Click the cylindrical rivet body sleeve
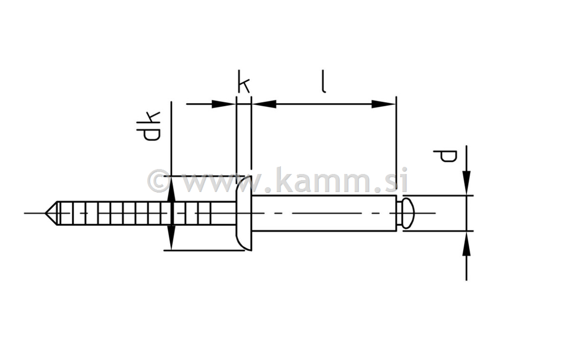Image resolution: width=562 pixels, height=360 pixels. pos(324,213)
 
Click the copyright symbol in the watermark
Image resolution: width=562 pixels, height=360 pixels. pos(159,181)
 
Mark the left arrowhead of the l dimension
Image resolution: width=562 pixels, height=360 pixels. pos(264,104)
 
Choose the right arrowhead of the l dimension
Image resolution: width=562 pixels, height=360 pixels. pos(384,104)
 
